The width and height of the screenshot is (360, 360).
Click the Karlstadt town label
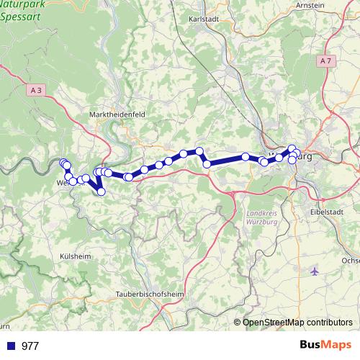[x=203, y=19]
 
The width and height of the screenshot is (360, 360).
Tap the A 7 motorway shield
[x=326, y=61]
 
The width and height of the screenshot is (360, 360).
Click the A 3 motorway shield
[x=37, y=90]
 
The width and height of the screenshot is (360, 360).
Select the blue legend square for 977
[x=10, y=346]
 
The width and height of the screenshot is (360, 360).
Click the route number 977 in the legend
[x=30, y=346]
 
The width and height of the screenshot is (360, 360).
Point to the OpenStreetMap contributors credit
[x=297, y=323]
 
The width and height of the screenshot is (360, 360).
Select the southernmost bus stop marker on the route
[x=102, y=192]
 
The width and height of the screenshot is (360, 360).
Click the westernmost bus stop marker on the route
[x=63, y=163]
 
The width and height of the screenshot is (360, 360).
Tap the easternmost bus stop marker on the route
[x=295, y=152]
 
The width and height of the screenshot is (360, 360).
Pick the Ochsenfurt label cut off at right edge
[x=351, y=260]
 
